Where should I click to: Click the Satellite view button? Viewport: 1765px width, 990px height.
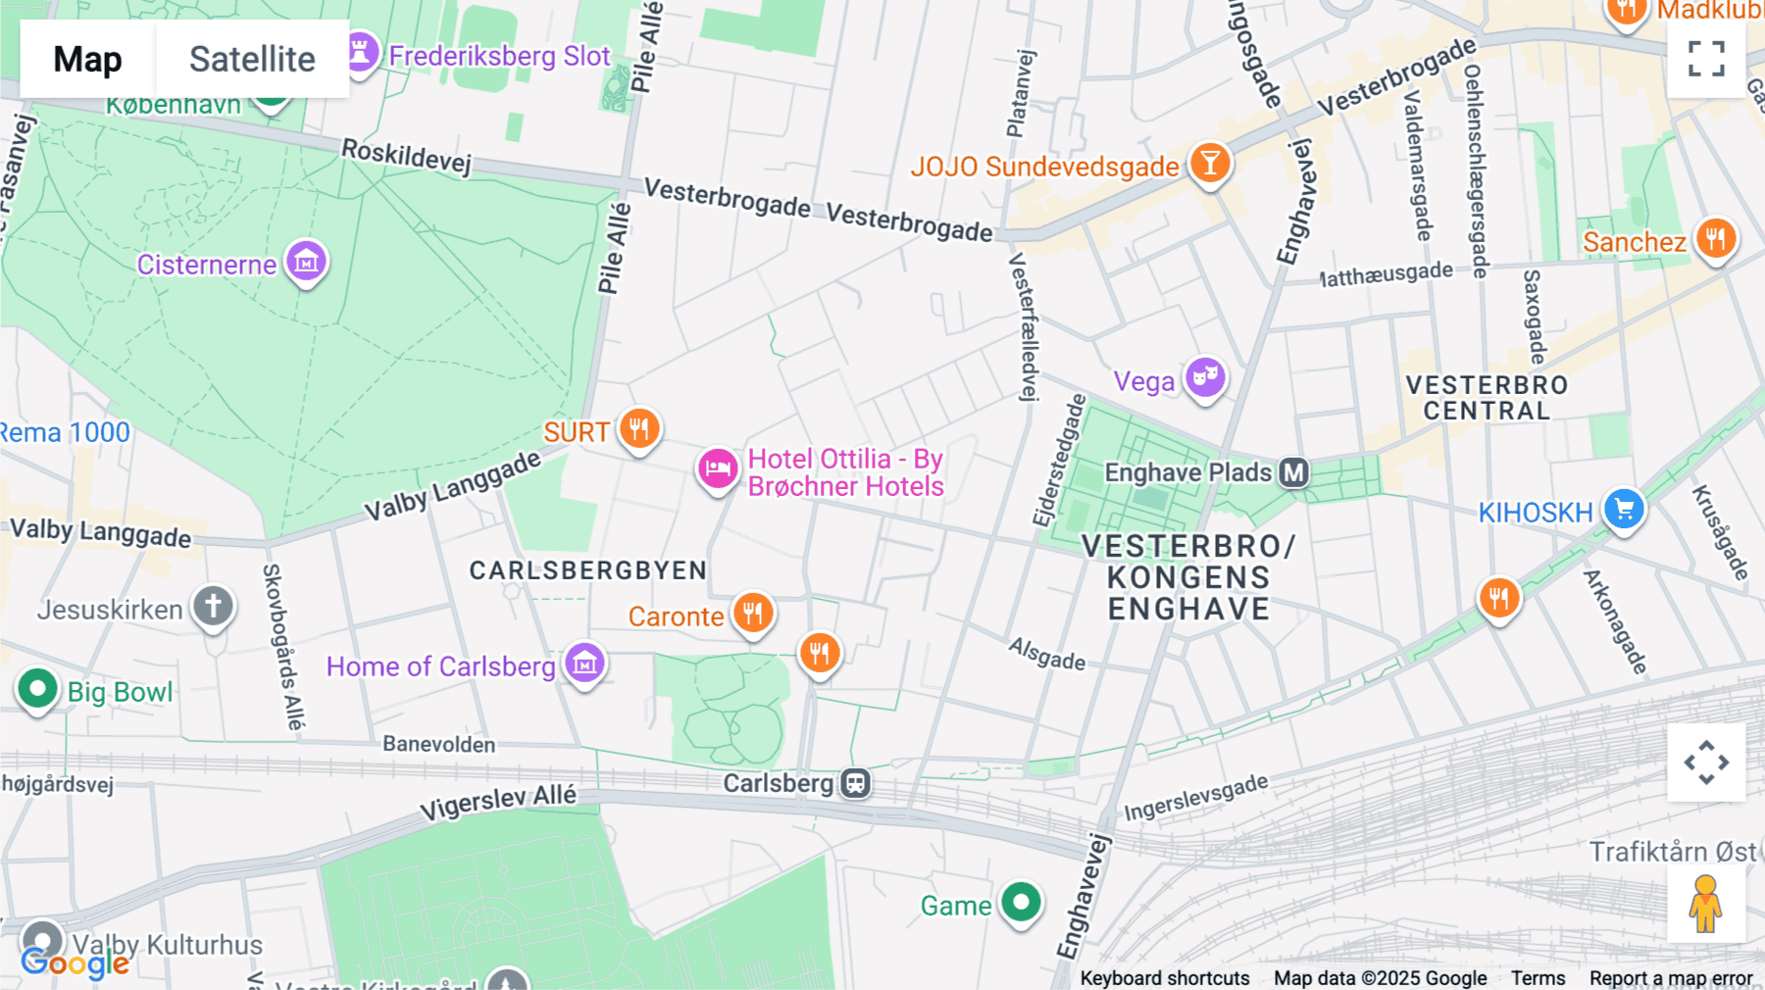click(252, 59)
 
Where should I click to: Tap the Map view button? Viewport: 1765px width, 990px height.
click(87, 59)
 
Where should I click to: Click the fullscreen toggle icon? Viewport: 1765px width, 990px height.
click(1706, 59)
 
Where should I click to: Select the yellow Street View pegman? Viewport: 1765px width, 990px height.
click(1705, 904)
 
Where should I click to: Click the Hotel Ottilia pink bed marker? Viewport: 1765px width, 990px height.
click(718, 469)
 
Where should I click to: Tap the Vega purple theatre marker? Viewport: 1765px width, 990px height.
click(1205, 376)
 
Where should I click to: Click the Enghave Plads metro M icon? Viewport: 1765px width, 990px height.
click(1294, 472)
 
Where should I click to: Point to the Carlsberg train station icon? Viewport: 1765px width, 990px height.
click(855, 783)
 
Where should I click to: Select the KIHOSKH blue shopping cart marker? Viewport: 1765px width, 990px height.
click(1624, 509)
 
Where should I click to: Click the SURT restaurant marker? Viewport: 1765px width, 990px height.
click(639, 428)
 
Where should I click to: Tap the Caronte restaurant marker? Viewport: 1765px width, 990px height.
click(753, 614)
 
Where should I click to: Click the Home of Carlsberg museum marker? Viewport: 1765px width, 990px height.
click(585, 664)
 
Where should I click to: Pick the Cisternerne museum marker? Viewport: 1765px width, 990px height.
click(307, 262)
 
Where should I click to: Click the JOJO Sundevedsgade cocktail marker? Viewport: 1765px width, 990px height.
click(1210, 163)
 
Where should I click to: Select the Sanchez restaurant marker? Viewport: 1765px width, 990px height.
click(1715, 238)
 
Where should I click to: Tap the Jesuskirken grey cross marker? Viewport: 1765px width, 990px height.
click(213, 606)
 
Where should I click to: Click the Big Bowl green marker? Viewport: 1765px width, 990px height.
click(38, 689)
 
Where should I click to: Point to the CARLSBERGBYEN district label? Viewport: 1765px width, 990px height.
click(588, 570)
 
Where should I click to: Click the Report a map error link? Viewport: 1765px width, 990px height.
click(1671, 978)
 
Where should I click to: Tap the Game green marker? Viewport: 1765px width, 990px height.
click(1021, 902)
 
